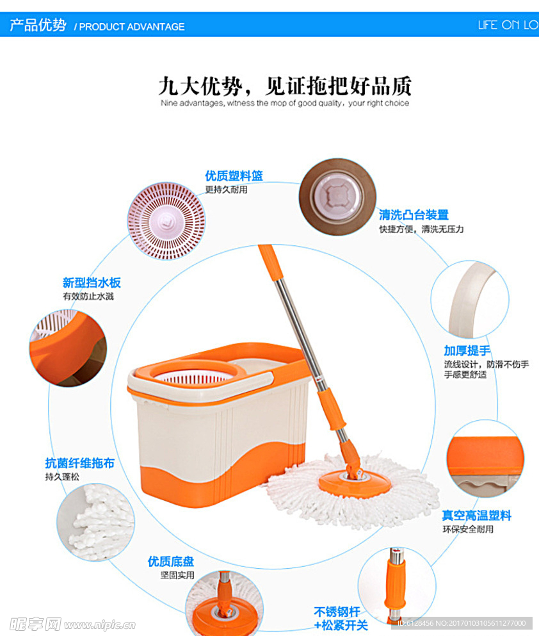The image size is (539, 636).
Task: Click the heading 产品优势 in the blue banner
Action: (x=38, y=26)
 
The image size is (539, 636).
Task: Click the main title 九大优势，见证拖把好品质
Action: (x=285, y=86)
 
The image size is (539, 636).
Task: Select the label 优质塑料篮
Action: (x=234, y=175)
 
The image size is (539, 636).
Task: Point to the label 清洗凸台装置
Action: (x=414, y=215)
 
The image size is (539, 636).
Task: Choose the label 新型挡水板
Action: (x=92, y=282)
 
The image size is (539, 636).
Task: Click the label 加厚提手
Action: (x=467, y=350)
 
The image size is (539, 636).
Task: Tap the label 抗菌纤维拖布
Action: (x=79, y=462)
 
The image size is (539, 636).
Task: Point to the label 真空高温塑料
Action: (x=476, y=515)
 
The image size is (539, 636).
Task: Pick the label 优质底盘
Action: (x=171, y=561)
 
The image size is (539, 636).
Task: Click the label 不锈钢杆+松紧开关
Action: (x=341, y=618)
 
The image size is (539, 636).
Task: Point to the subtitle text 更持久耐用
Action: (x=226, y=190)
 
